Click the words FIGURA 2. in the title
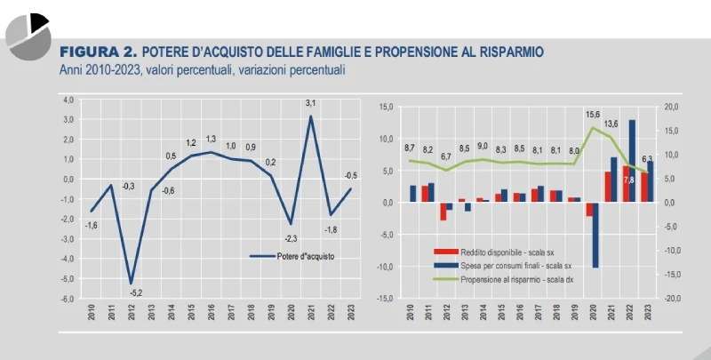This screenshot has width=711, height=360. tap(97, 52)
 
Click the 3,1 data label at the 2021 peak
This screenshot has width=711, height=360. tap(311, 104)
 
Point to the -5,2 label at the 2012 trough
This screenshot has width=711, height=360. tap(135, 292)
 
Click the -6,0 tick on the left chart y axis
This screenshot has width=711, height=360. tap(68, 299)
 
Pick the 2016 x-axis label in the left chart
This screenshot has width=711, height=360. tap(211, 313)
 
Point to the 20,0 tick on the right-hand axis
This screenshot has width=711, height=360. tap(672, 107)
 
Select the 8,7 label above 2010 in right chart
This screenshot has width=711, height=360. tap(410, 148)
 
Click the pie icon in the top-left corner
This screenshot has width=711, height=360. tap(27, 34)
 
